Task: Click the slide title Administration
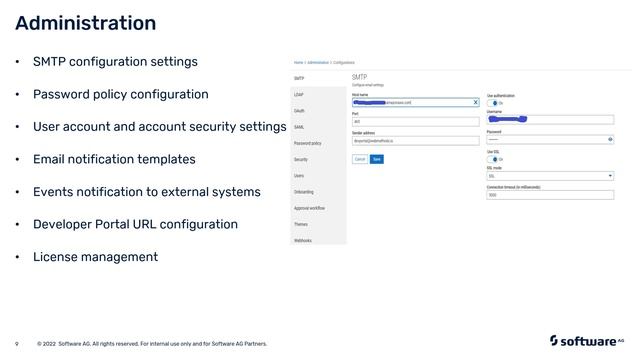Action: pyautogui.click(x=86, y=23)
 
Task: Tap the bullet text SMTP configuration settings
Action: pyautogui.click(x=115, y=62)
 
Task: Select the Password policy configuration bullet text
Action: pyautogui.click(x=120, y=94)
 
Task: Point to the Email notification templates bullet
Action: pyautogui.click(x=114, y=159)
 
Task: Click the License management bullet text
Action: pyautogui.click(x=95, y=257)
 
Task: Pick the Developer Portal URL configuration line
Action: pyautogui.click(x=135, y=224)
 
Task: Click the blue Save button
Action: pyautogui.click(x=377, y=159)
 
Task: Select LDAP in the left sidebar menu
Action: pyautogui.click(x=299, y=94)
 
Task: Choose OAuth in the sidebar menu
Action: pyautogui.click(x=300, y=110)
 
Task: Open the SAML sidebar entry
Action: pyautogui.click(x=299, y=127)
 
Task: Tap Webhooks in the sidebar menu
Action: pyautogui.click(x=303, y=240)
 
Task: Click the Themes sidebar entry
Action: pyautogui.click(x=301, y=224)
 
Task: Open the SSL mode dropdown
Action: pyautogui.click(x=549, y=176)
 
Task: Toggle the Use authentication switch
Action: pyautogui.click(x=493, y=103)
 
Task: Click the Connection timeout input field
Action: pyautogui.click(x=549, y=195)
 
